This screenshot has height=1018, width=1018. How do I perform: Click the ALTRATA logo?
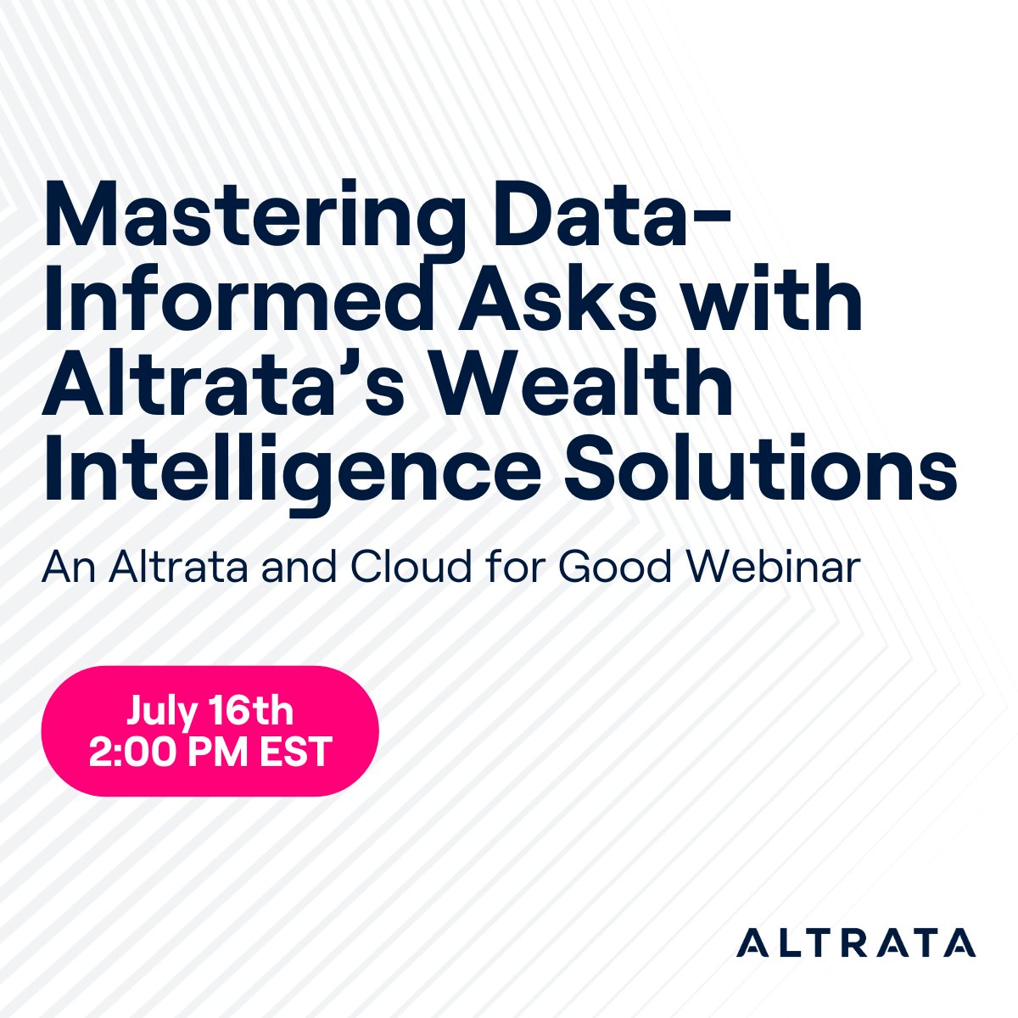click(856, 942)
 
